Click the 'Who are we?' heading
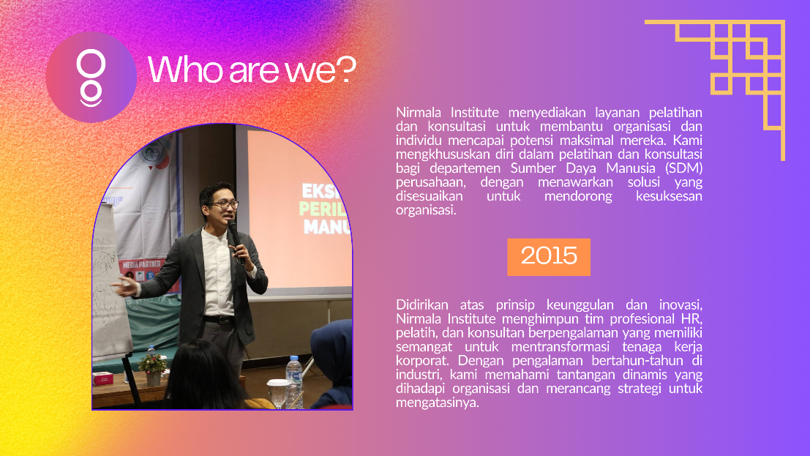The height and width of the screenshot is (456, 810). pos(252,70)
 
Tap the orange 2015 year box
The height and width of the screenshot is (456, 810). pos(549,257)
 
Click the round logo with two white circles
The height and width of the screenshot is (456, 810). pos(91,77)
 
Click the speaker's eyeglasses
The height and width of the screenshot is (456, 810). pos(224,205)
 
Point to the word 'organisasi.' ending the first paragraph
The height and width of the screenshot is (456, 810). pos(426,210)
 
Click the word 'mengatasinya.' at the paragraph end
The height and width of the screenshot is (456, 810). pos(438,403)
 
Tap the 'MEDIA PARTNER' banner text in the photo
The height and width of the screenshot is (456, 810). pos(141,265)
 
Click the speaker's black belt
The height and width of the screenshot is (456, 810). pos(219,320)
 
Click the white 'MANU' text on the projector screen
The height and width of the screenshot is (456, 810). pos(327,226)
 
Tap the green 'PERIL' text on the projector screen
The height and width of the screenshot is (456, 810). pos(325,209)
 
